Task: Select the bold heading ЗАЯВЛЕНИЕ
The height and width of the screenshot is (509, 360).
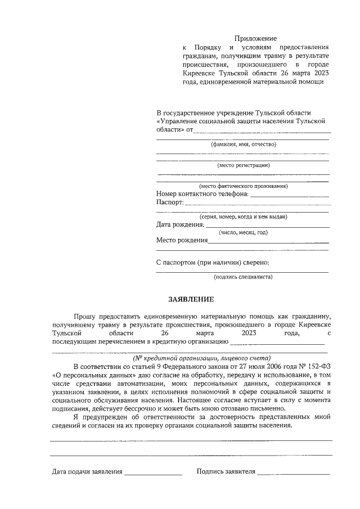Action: [x=191, y=299]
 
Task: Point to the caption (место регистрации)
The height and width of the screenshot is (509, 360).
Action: [x=243, y=165]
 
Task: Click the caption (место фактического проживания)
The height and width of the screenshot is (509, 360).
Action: [x=243, y=186]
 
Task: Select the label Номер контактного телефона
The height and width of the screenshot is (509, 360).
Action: [x=202, y=194]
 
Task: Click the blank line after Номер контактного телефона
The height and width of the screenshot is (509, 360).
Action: [x=289, y=196]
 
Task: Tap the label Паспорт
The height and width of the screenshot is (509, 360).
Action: [x=169, y=202]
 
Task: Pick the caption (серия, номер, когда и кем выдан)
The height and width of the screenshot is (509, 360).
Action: [x=243, y=217]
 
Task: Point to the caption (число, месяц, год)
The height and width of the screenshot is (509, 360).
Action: [x=243, y=232]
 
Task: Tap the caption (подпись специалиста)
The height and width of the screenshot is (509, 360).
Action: [x=243, y=277]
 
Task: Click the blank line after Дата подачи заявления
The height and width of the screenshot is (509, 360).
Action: [x=153, y=474]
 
